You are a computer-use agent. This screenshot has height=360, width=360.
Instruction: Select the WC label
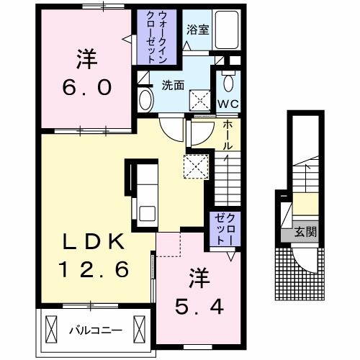click(228, 102)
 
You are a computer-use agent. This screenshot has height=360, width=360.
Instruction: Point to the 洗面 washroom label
click(172, 85)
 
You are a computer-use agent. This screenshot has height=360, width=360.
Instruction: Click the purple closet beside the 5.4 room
click(222, 229)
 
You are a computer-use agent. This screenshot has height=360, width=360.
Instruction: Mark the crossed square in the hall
click(196, 166)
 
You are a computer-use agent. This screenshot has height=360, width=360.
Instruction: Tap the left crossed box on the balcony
click(50, 330)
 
